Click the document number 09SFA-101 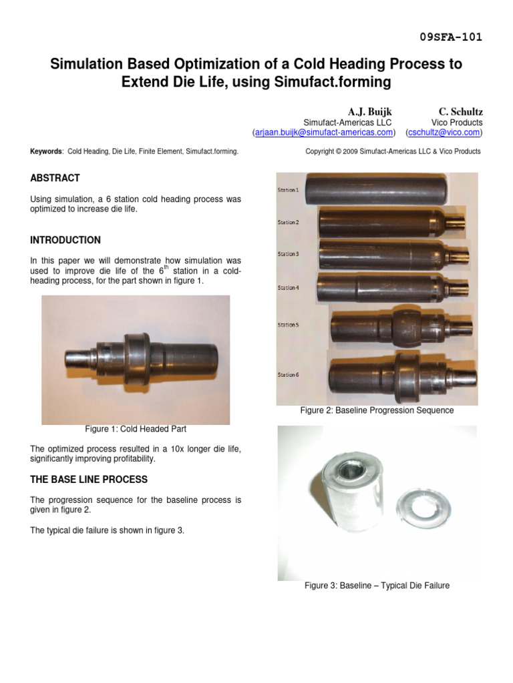pyautogui.click(x=451, y=37)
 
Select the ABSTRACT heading pyautogui.click(x=55, y=178)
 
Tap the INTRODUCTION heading pyautogui.click(x=65, y=240)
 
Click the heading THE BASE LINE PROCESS pyautogui.click(x=89, y=480)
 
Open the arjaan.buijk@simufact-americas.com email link pyautogui.click(x=324, y=133)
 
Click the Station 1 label pyautogui.click(x=288, y=190)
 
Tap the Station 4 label pyautogui.click(x=288, y=287)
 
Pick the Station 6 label pyautogui.click(x=288, y=375)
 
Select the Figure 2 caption pyautogui.click(x=377, y=410)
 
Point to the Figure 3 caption pyautogui.click(x=377, y=586)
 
